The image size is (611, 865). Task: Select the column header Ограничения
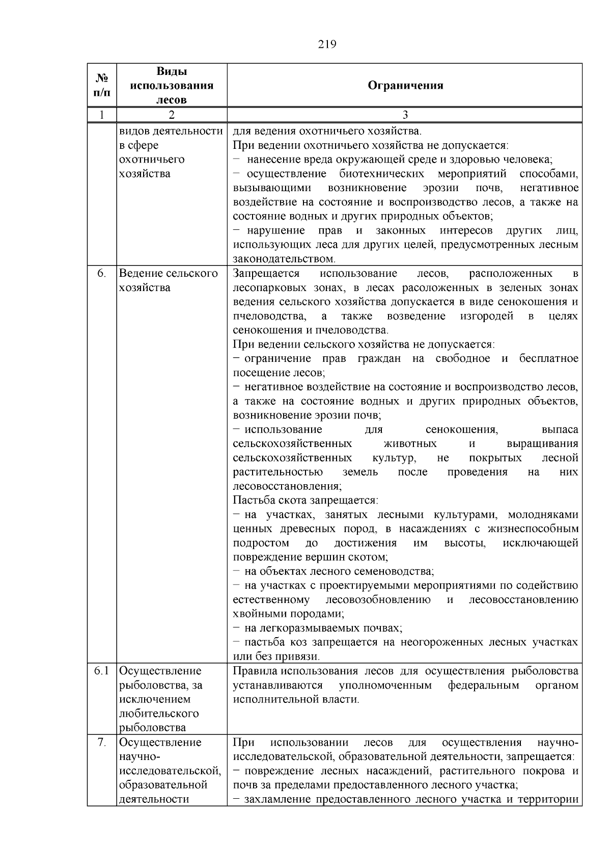(405, 85)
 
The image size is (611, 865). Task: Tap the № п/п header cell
(102, 85)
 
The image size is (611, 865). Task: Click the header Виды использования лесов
(172, 85)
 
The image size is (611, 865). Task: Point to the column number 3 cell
(405, 115)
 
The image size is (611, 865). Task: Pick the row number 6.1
(102, 671)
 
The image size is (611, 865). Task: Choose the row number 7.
(102, 742)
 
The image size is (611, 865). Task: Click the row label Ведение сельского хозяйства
(169, 280)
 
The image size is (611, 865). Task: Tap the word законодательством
(284, 259)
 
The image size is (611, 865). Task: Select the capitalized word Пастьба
(252, 500)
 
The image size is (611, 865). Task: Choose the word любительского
(159, 714)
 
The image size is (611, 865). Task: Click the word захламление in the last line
(277, 799)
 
